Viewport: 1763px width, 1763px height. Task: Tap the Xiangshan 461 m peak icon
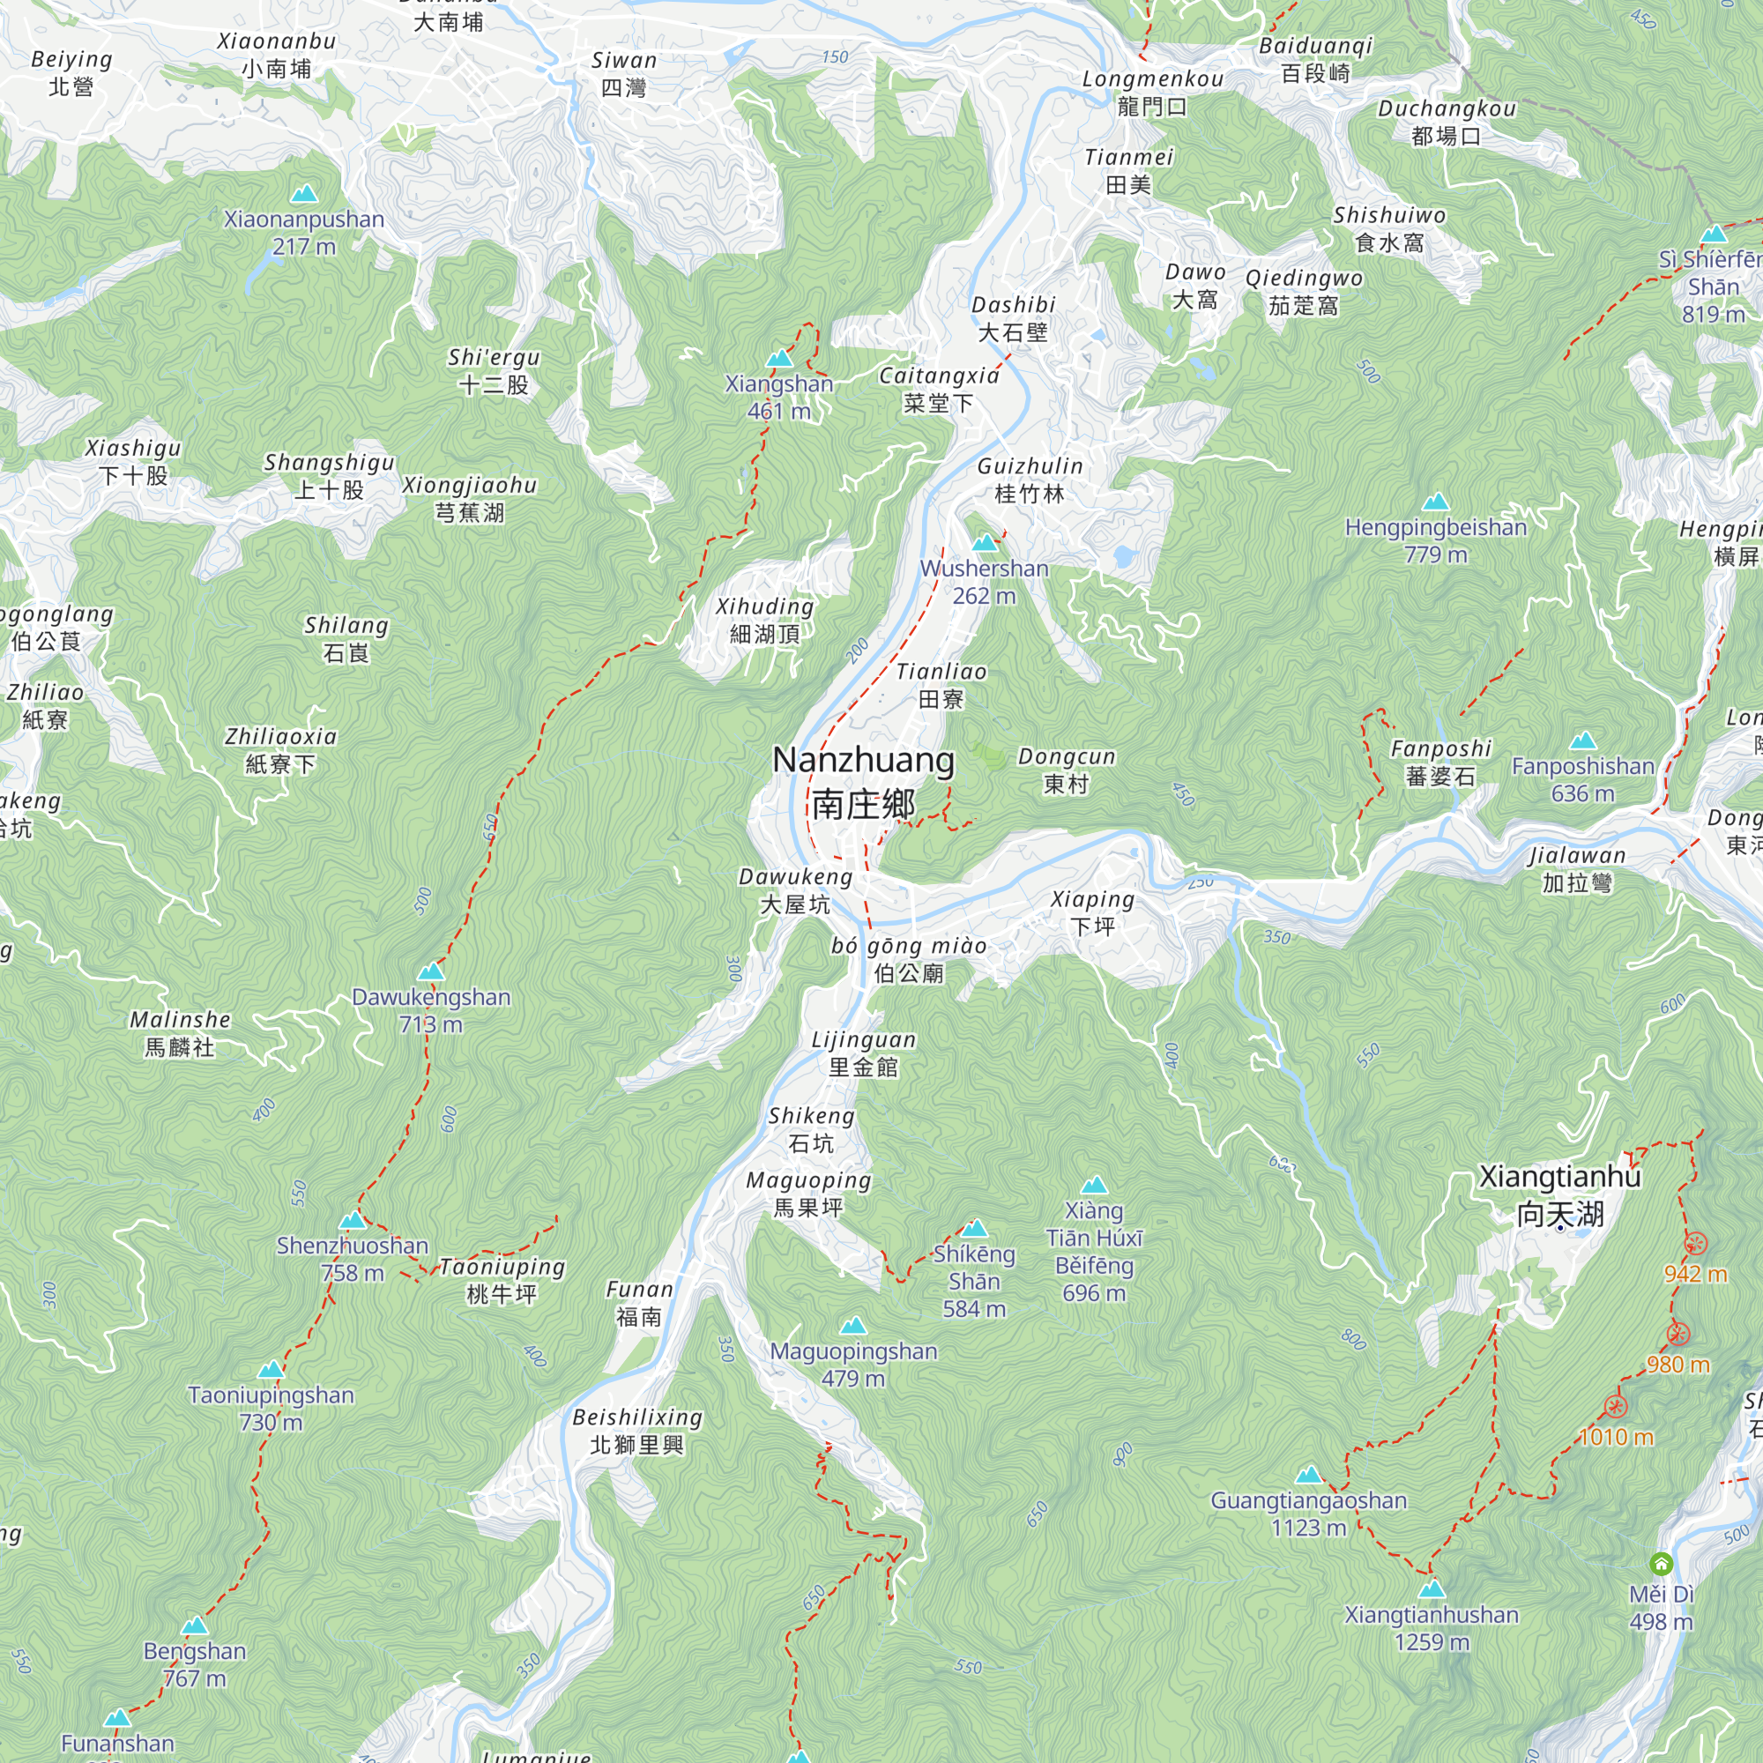click(778, 359)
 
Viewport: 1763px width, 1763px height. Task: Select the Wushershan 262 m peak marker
click(984, 544)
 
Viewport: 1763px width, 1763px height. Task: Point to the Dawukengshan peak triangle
click(431, 971)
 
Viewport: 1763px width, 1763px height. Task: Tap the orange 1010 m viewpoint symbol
click(1616, 1406)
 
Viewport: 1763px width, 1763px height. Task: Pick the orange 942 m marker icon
click(1695, 1244)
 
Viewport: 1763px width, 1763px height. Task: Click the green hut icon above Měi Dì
click(1662, 1564)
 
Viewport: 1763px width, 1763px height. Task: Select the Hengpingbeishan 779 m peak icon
click(1435, 502)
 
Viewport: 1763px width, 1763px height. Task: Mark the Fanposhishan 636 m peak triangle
click(1583, 741)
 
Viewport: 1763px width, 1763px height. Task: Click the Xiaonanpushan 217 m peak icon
click(304, 194)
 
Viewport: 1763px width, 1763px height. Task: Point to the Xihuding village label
click(764, 621)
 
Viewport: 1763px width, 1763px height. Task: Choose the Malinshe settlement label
click(180, 1033)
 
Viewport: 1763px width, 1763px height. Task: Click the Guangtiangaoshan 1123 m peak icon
click(1308, 1475)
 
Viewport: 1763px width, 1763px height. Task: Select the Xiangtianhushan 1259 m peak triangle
click(1432, 1589)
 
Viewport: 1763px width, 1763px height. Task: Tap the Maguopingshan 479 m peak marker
click(853, 1326)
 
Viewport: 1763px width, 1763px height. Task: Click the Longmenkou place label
click(1152, 93)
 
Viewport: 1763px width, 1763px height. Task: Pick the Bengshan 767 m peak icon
click(194, 1626)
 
